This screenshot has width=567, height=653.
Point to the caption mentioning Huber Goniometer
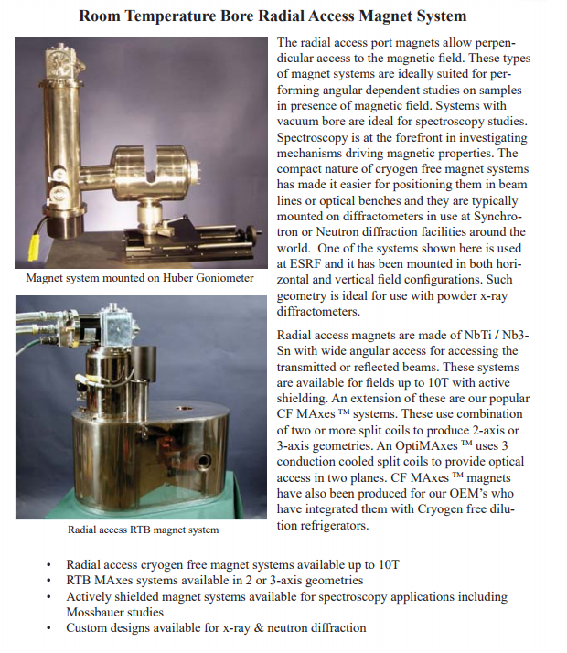[140, 278]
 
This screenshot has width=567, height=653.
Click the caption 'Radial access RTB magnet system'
[143, 529]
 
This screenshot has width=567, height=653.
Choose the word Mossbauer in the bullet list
[102, 611]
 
